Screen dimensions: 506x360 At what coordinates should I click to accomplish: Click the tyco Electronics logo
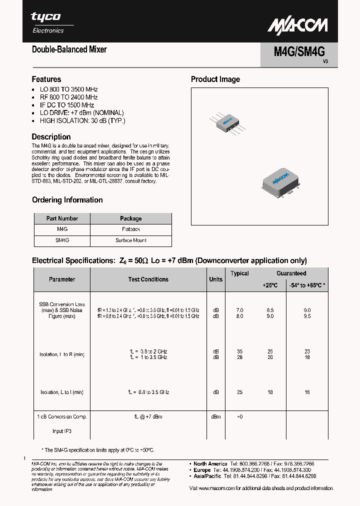[47, 22]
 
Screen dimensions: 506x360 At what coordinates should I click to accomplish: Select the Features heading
[46, 79]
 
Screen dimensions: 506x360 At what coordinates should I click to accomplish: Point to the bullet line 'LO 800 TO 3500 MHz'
[68, 89]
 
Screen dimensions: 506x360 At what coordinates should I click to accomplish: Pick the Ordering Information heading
[67, 200]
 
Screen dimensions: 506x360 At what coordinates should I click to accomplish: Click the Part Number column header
[62, 218]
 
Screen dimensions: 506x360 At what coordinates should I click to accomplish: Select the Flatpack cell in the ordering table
[130, 229]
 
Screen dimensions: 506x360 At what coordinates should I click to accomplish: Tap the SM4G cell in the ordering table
[62, 240]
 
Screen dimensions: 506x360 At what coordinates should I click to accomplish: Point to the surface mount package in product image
[280, 180]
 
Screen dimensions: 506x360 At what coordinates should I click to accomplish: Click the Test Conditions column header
[148, 279]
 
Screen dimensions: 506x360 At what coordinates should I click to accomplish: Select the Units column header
[215, 279]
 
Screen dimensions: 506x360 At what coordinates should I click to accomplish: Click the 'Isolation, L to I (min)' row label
[62, 392]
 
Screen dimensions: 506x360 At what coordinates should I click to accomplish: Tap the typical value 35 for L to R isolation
[240, 352]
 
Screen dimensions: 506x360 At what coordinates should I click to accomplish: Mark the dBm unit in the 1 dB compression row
[215, 416]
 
